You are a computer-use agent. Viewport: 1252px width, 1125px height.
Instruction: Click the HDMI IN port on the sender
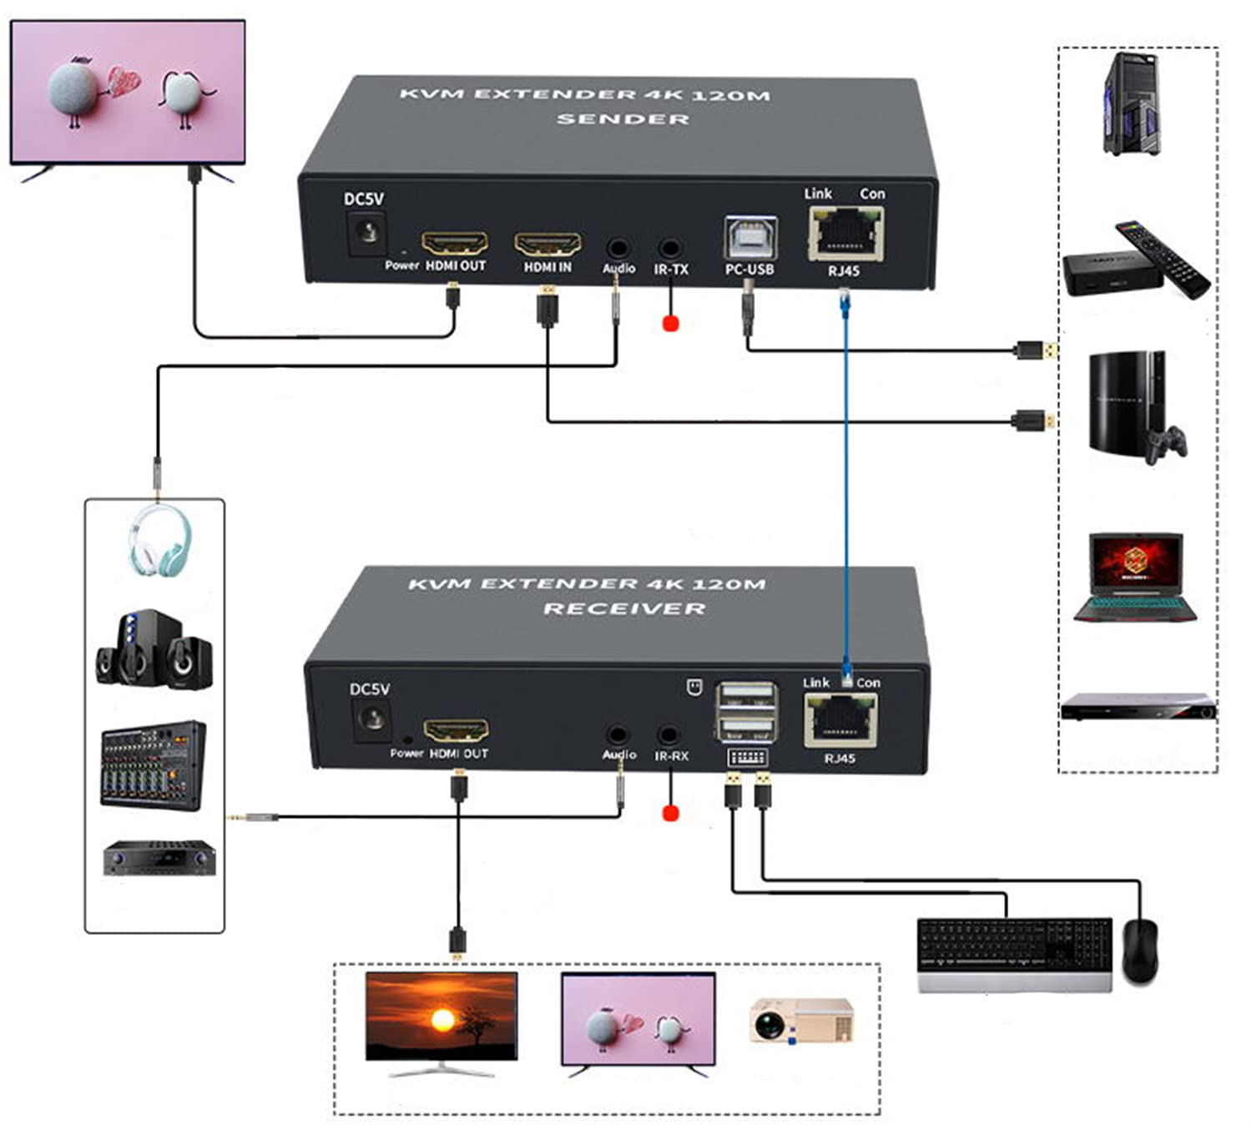click(x=548, y=244)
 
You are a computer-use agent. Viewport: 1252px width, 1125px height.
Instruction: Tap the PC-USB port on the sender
click(x=750, y=238)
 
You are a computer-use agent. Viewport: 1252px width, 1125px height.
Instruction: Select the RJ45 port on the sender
click(x=846, y=234)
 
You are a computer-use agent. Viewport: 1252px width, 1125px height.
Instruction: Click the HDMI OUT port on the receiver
click(x=456, y=730)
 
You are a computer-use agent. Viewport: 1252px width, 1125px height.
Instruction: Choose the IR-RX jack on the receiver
click(x=668, y=735)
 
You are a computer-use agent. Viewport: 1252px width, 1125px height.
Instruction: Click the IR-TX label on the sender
click(x=671, y=269)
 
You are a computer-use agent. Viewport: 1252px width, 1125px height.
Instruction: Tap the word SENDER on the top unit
click(x=623, y=119)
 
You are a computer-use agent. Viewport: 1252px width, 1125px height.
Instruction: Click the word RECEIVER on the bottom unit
click(x=624, y=608)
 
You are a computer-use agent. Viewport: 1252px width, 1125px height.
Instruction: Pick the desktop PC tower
click(x=1132, y=105)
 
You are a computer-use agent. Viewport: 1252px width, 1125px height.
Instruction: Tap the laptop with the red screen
click(x=1136, y=577)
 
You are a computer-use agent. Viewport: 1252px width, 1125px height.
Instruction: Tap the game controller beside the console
click(x=1166, y=445)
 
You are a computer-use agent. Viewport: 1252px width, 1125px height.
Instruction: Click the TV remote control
click(x=1163, y=258)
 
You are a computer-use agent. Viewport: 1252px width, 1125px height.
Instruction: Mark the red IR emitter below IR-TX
click(x=670, y=323)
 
